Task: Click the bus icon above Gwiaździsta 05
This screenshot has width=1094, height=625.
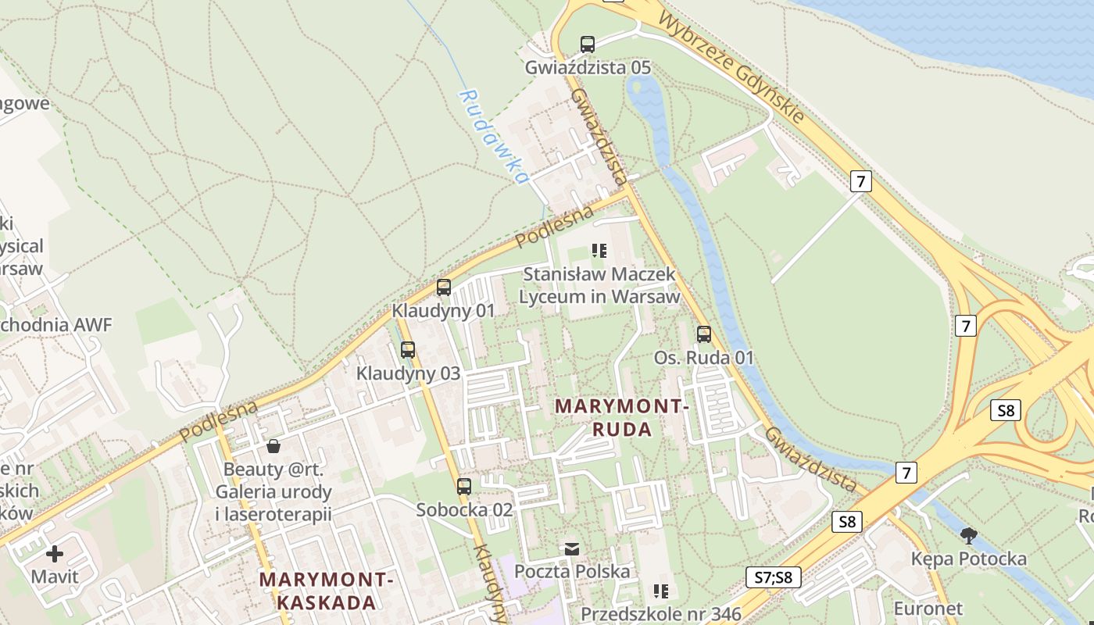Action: [x=588, y=45]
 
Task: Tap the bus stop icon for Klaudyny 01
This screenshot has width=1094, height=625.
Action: [x=444, y=287]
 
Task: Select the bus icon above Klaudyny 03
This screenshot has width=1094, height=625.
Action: [x=408, y=350]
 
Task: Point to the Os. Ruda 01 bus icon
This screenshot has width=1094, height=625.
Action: [x=704, y=334]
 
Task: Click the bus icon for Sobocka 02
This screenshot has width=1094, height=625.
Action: [x=464, y=486]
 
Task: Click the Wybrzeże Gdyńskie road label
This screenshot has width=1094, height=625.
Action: [x=732, y=67]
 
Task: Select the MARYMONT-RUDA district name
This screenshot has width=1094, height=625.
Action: [x=622, y=418]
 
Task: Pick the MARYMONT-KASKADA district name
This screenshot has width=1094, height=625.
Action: [x=327, y=591]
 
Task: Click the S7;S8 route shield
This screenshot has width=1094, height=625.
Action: [x=774, y=577]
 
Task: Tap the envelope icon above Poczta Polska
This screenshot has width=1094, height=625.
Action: [x=572, y=549]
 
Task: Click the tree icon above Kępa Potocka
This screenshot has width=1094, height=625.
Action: [x=969, y=535]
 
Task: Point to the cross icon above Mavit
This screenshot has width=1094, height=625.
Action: [x=55, y=555]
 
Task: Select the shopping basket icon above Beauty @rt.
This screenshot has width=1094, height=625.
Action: [x=273, y=446]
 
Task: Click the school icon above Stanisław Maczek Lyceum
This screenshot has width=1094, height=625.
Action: [x=599, y=251]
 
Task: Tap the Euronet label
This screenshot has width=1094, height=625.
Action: [x=928, y=608]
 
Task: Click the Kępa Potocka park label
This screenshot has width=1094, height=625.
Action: [x=969, y=559]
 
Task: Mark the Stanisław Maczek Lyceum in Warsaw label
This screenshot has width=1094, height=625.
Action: [x=599, y=286]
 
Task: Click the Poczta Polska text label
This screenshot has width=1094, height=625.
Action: [x=572, y=571]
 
